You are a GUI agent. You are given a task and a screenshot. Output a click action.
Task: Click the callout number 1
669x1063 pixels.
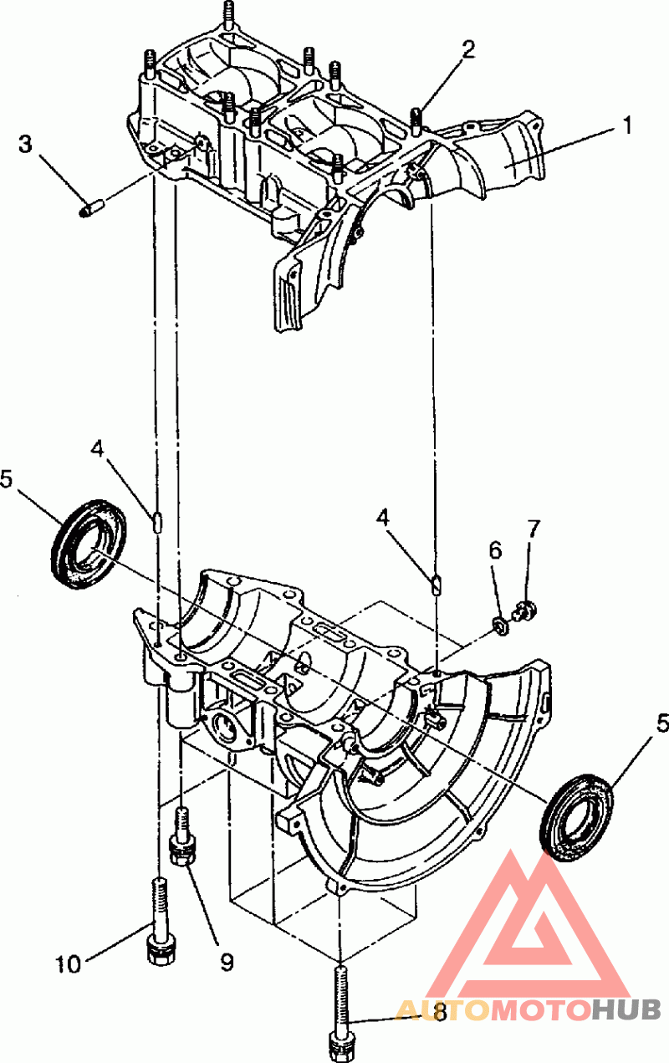[x=627, y=126]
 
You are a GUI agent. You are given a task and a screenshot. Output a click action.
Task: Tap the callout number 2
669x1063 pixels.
[x=467, y=50]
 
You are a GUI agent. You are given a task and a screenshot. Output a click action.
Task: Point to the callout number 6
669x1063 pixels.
[x=495, y=551]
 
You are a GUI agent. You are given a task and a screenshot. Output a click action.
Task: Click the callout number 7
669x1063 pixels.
[x=533, y=529]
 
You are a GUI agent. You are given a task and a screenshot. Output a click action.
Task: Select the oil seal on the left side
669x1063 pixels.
[x=89, y=544]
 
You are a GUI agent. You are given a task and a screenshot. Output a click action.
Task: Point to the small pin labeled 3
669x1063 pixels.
[x=91, y=208]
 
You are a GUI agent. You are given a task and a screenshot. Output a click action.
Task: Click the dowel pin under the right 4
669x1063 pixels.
[x=436, y=584]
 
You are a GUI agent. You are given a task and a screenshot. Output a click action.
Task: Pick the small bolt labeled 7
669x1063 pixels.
[x=524, y=611]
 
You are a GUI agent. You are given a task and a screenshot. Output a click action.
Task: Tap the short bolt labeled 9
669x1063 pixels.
[x=182, y=839]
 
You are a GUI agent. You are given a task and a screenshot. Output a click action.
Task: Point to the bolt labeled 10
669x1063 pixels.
[x=158, y=922]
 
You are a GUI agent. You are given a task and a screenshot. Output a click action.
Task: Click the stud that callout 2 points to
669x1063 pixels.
[x=416, y=121]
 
